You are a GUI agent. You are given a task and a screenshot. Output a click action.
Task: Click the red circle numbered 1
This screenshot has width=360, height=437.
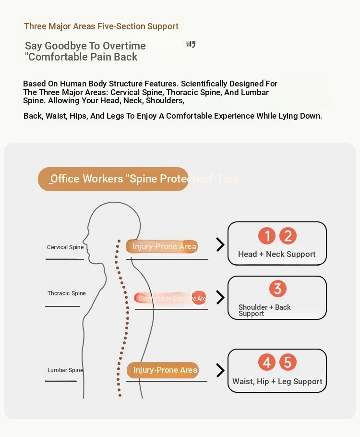267,236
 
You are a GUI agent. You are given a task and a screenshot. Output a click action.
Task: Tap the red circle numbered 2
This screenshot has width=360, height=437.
288,236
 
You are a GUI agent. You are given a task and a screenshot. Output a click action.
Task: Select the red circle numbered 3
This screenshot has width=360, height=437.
277,289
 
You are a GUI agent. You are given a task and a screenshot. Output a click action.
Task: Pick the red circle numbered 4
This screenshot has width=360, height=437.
267,362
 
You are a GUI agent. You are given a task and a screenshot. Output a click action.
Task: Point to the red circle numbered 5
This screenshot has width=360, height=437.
288,362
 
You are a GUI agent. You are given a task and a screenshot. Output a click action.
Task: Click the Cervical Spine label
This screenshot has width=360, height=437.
65,247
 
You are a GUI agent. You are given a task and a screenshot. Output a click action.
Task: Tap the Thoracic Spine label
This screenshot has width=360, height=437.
66,293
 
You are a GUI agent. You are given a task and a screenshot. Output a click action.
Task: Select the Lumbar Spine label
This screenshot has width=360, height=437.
65,370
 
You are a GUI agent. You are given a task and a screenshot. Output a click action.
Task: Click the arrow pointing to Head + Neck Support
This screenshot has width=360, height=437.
220,244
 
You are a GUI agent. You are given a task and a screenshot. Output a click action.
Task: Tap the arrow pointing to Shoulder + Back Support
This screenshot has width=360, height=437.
220,297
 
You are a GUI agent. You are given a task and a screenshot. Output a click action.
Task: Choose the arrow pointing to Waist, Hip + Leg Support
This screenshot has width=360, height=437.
220,370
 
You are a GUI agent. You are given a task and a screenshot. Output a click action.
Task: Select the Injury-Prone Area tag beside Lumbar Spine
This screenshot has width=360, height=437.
163,370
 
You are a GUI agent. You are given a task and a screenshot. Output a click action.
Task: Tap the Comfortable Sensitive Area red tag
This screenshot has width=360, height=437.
170,298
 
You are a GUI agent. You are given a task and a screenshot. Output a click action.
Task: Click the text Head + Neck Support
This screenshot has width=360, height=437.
277,254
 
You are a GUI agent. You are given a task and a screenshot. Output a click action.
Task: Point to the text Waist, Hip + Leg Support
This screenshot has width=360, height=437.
277,381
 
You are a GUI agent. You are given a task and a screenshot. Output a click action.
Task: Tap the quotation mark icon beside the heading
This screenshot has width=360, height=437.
191,45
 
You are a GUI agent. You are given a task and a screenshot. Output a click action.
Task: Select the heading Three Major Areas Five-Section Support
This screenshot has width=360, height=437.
101,26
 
